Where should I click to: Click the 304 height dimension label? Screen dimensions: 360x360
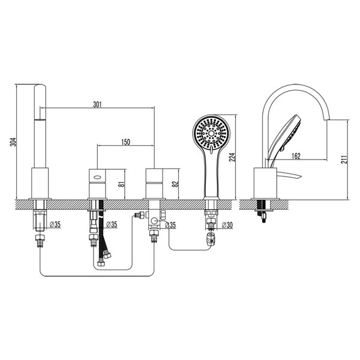tap(14, 142)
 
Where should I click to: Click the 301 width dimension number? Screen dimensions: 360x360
tap(97, 104)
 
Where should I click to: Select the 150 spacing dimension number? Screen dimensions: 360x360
tap(125, 142)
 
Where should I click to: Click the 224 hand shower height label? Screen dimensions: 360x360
tap(232, 157)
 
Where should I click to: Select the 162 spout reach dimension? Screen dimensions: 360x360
tap(296, 156)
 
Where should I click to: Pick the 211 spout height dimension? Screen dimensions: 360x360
tap(344, 159)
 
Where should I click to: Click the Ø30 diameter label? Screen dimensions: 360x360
tap(227, 225)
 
